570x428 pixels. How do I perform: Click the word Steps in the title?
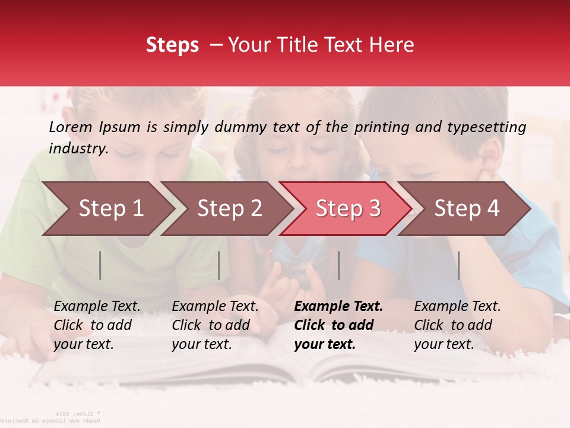172,45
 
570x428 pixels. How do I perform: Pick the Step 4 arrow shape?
465,209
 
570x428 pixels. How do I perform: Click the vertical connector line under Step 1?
100,265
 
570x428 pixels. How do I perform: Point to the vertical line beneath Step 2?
219,265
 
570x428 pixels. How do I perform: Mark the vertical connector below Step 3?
338,265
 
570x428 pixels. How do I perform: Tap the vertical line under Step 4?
458,265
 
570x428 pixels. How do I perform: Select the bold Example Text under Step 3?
338,325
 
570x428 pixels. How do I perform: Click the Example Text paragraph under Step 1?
97,325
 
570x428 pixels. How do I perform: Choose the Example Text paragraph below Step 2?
215,325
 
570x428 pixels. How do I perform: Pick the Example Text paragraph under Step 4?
457,325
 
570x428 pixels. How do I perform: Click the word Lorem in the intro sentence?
71,127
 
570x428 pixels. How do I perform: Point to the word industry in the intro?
78,149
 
